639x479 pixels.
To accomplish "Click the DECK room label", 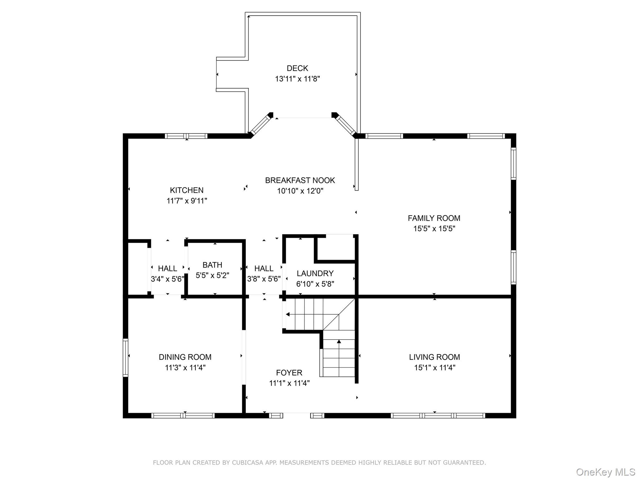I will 297,68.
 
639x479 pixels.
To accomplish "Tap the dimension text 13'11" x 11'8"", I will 297,79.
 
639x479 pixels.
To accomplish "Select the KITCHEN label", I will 187,190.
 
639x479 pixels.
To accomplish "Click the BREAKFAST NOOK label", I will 300,180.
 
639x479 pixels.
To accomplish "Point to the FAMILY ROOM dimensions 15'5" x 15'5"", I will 434,229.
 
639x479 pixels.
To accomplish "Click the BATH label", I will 212,265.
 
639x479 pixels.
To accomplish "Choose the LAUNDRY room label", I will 315,273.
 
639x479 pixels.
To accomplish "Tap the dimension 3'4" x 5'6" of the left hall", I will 167,279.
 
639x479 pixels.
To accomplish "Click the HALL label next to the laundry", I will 264,269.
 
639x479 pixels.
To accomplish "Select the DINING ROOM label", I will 185,357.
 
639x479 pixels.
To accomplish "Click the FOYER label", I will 289,373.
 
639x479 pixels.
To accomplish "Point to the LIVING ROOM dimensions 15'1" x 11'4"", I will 434,368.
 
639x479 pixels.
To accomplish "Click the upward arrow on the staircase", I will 339,342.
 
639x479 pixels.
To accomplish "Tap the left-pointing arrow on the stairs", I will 288,314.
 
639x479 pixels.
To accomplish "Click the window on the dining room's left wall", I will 125,358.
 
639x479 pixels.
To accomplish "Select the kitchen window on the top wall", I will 186,136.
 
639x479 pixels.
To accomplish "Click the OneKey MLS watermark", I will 605,472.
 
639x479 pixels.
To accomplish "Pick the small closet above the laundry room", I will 336,248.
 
